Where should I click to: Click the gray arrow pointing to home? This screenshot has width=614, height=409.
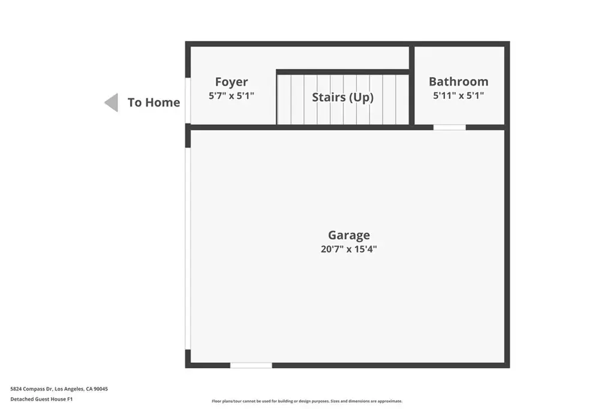pos(112,102)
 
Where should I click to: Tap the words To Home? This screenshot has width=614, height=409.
pos(154,102)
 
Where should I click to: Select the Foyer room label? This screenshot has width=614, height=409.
pos(231,81)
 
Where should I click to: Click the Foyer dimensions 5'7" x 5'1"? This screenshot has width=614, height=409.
pos(231,95)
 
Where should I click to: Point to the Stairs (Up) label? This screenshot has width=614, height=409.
pos(342,97)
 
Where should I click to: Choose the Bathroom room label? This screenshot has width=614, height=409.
pos(459,81)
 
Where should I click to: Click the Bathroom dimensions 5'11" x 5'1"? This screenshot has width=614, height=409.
pos(459,95)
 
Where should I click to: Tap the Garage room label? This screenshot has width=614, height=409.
pos(349,235)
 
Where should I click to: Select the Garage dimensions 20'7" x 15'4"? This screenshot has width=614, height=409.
pos(349,249)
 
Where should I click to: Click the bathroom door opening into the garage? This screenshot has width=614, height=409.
pos(450,127)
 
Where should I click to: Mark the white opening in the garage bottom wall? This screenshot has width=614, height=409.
pos(251,365)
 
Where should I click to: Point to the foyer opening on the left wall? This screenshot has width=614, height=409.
pos(188,101)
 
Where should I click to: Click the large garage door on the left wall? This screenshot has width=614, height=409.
pos(188,249)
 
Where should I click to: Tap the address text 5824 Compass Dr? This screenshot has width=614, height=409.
pos(31,389)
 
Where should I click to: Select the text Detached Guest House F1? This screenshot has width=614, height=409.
pos(41,399)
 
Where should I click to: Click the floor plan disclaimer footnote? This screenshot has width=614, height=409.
pos(307,401)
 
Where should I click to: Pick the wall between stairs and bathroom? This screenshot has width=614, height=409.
pos(411,86)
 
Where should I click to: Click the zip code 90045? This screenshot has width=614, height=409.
pos(101,389)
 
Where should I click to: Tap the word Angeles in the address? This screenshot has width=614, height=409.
pos(74,389)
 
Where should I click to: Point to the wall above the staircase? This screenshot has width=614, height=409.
pos(342,72)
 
